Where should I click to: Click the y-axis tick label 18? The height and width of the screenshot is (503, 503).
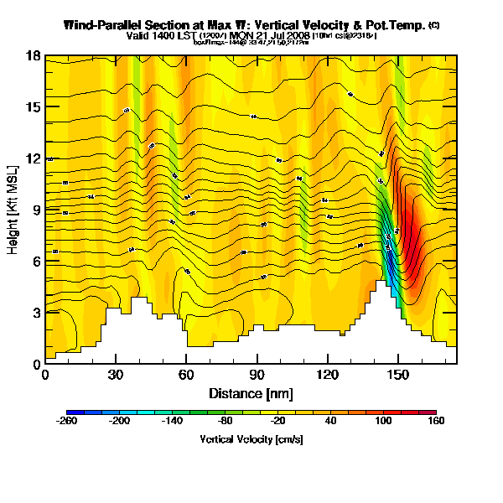pyautogui.click(x=34, y=56)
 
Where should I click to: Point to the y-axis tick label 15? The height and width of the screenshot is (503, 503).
pyautogui.click(x=34, y=107)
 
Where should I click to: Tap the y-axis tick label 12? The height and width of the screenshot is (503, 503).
pyautogui.click(x=34, y=158)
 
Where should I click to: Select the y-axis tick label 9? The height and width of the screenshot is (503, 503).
pyautogui.click(x=37, y=210)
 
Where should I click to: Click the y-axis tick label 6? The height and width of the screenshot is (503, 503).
pyautogui.click(x=37, y=261)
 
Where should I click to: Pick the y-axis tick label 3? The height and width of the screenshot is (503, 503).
pyautogui.click(x=37, y=312)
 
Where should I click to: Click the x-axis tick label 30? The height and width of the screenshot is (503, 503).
pyautogui.click(x=116, y=375)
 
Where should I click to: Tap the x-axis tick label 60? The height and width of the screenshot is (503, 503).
pyautogui.click(x=186, y=375)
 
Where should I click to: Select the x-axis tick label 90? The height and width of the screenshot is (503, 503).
pyautogui.click(x=257, y=375)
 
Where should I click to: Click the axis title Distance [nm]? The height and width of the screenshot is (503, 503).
pyautogui.click(x=251, y=393)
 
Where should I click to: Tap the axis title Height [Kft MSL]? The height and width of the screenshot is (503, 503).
pyautogui.click(x=15, y=210)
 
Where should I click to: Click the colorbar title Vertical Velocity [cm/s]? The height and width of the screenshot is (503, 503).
pyautogui.click(x=251, y=439)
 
